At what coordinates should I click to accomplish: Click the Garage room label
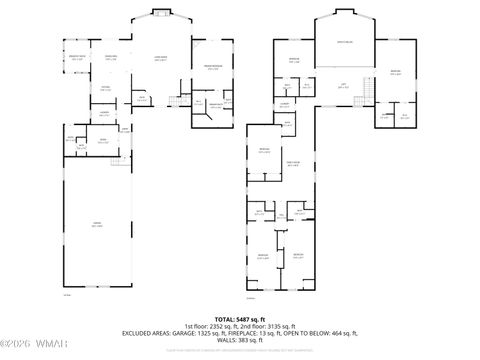coord(97,226)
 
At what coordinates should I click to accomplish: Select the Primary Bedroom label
coord(212,68)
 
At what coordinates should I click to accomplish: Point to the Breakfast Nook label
coord(76,58)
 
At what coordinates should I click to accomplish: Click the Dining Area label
coord(111,58)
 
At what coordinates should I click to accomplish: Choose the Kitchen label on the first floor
coord(104,87)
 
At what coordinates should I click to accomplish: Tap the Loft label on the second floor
coord(343,87)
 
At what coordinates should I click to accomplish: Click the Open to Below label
coord(343,42)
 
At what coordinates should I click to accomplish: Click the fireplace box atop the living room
coord(158,13)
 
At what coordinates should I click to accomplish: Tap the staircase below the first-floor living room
coord(177,102)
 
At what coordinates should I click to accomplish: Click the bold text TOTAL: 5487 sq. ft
coord(240,317)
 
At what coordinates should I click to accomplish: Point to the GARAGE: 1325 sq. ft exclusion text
coord(217,333)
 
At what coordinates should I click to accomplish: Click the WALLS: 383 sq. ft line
coord(240,340)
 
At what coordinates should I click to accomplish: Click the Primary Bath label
coord(212,107)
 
